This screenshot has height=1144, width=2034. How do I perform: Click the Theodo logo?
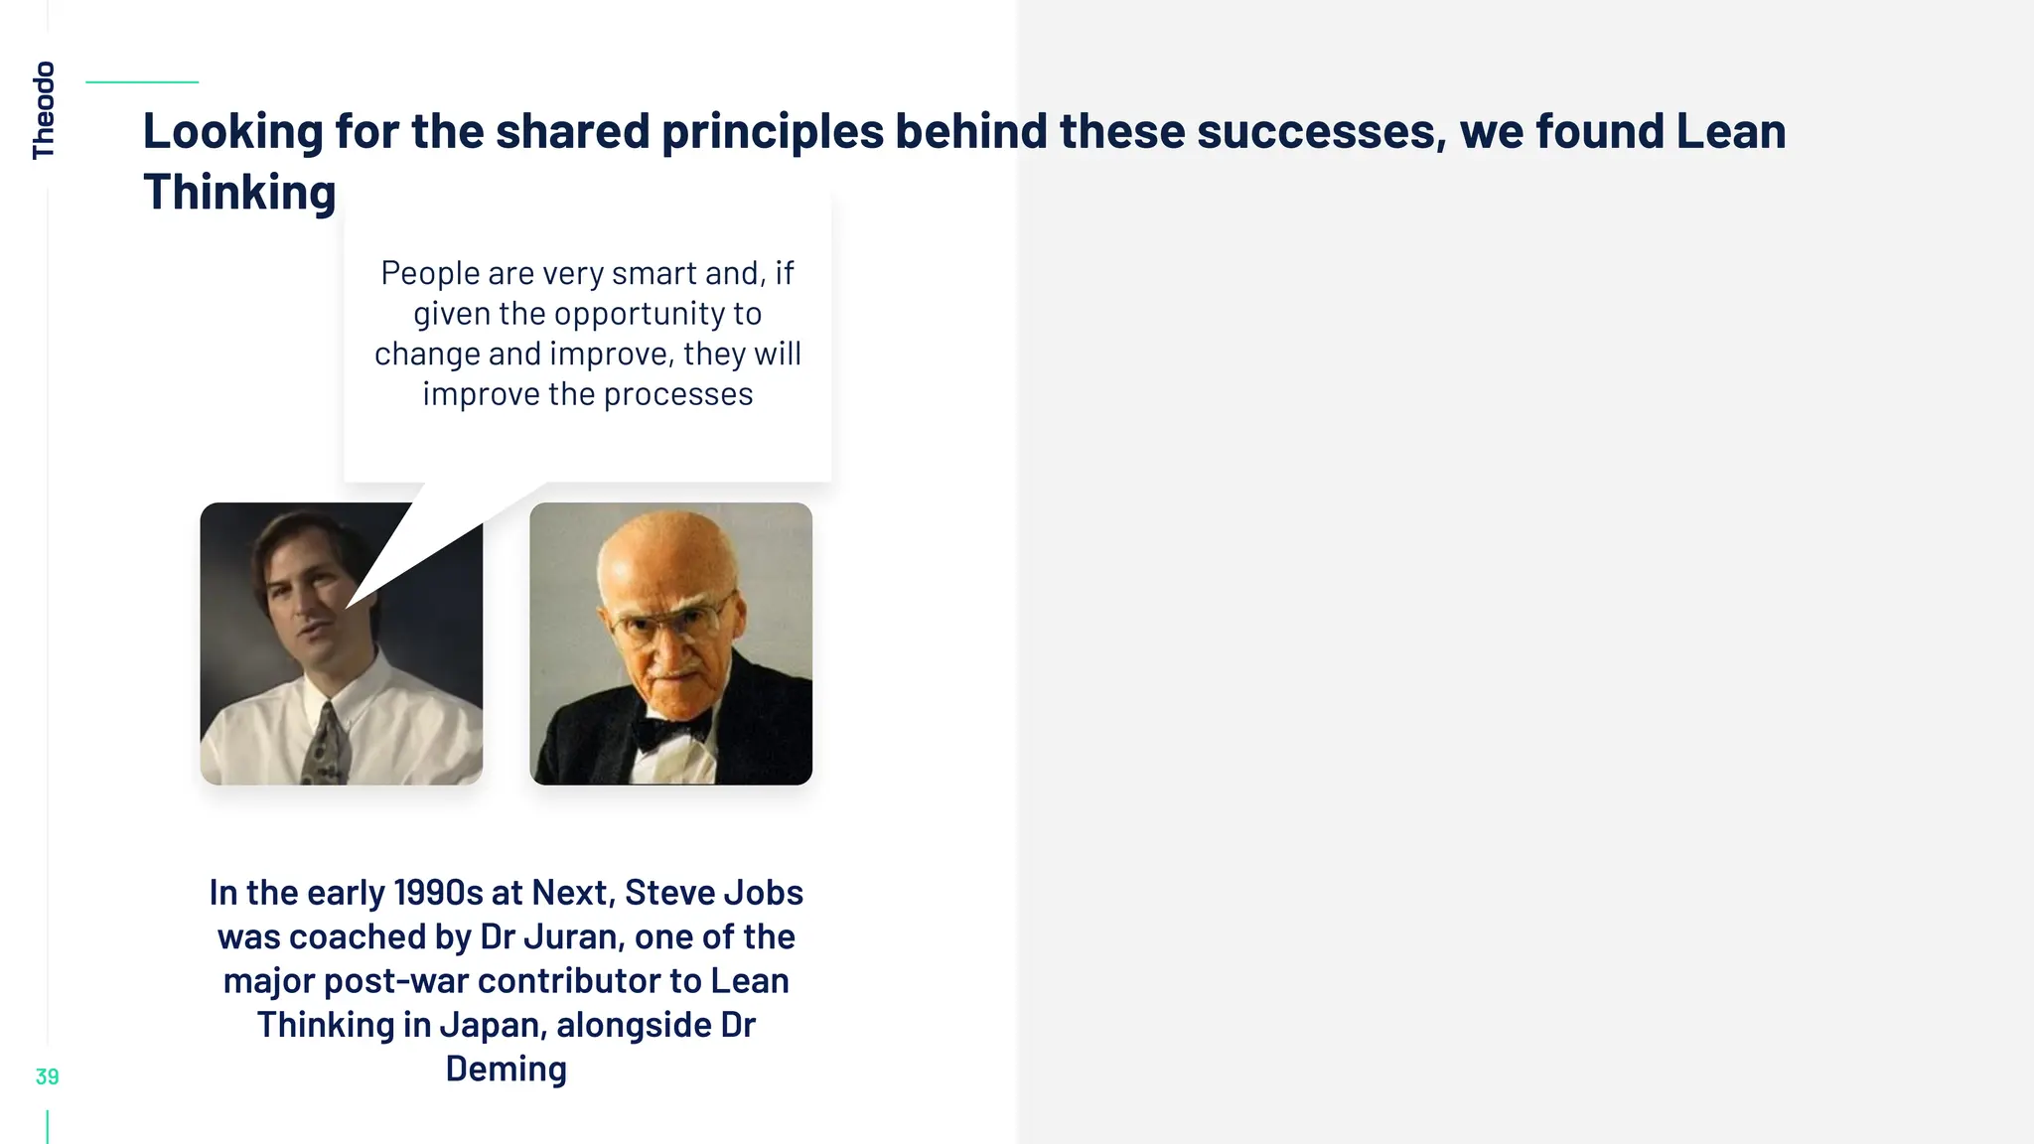(x=44, y=110)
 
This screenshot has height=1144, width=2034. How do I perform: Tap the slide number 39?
(x=47, y=1076)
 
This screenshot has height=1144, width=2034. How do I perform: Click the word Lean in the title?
(x=1731, y=131)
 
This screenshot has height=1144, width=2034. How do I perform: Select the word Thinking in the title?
(x=239, y=193)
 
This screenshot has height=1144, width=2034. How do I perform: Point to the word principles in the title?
(x=772, y=131)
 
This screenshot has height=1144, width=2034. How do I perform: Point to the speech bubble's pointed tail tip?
(x=347, y=607)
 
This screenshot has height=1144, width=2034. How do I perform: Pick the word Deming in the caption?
(x=506, y=1069)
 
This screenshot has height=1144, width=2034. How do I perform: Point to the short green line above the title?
(x=142, y=82)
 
